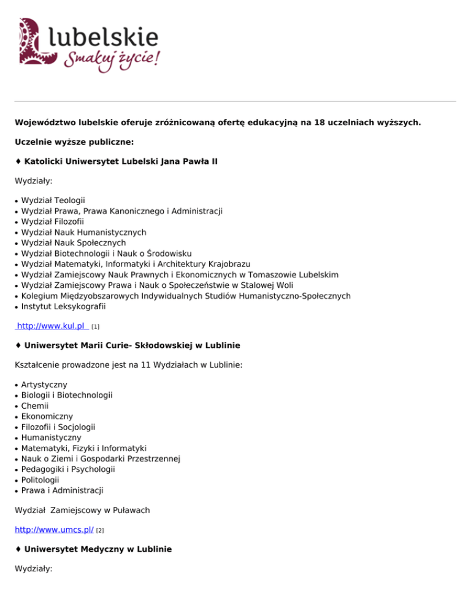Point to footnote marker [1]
point(95,327)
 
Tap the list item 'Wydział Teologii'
point(53,201)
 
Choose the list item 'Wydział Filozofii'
point(53,222)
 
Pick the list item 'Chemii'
point(35,406)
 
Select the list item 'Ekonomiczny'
point(47,416)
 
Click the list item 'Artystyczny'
point(44,384)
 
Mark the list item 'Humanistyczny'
point(51,438)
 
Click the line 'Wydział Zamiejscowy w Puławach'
point(82,510)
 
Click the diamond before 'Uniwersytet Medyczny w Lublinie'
point(18,550)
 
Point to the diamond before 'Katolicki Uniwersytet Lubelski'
point(18,161)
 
